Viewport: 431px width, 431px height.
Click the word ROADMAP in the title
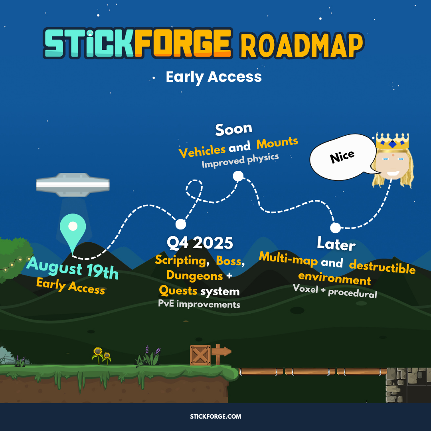tap(302, 45)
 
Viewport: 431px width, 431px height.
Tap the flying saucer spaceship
tap(73, 184)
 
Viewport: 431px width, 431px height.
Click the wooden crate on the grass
tap(200, 355)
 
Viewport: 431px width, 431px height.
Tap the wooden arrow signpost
tap(221, 354)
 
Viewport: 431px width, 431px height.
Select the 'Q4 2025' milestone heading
tap(200, 243)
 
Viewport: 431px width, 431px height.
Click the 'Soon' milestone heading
tap(233, 129)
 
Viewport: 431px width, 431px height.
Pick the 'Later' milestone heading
tap(336, 244)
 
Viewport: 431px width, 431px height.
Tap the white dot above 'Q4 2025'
tap(181, 224)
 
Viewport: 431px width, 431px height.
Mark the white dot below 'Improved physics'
tap(238, 176)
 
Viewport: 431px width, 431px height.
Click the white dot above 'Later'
tap(335, 227)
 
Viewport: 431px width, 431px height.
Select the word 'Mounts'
tap(277, 143)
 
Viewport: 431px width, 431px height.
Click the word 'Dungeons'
tap(195, 275)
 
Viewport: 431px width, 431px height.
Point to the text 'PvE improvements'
tap(199, 304)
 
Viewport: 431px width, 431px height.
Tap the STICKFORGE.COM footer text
tap(215, 416)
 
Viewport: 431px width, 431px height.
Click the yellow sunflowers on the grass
tap(101, 356)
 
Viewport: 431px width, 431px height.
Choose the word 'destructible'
tap(382, 267)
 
